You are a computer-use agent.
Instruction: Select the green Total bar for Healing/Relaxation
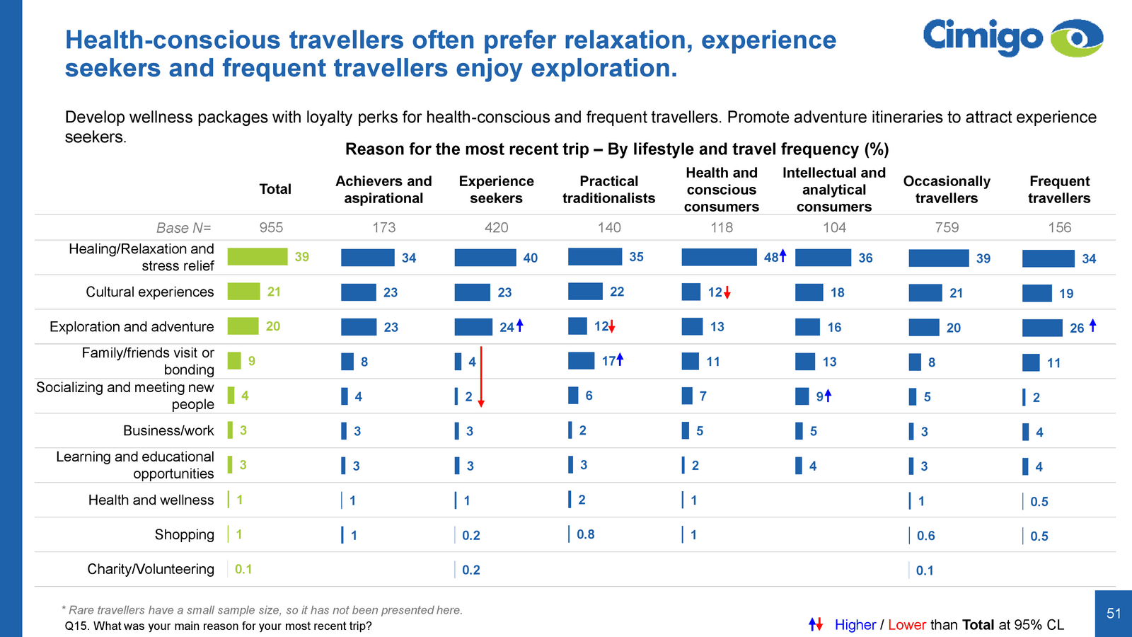pyautogui.click(x=257, y=256)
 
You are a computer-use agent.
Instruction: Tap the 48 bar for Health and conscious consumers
pyautogui.click(x=719, y=257)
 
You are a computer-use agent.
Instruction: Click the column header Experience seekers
pyautogui.click(x=496, y=190)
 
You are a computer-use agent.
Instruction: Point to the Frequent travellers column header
pyautogui.click(x=1059, y=190)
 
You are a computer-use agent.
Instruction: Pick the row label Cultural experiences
pyautogui.click(x=149, y=292)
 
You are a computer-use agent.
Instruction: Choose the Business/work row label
pyautogui.click(x=168, y=430)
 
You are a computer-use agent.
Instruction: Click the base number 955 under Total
pyautogui.click(x=271, y=227)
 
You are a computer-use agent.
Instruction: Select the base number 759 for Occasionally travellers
pyautogui.click(x=947, y=227)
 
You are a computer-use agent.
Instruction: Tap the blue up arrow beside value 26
pyautogui.click(x=1093, y=325)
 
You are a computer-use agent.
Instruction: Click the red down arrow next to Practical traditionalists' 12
pyautogui.click(x=612, y=327)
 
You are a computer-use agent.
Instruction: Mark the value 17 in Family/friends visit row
pyautogui.click(x=608, y=361)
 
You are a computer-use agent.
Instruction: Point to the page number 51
pyautogui.click(x=1114, y=613)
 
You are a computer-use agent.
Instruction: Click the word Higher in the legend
pyautogui.click(x=855, y=625)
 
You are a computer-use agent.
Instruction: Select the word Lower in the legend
pyautogui.click(x=906, y=625)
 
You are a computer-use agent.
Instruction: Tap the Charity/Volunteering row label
pyautogui.click(x=150, y=569)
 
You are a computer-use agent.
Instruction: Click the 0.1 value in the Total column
pyautogui.click(x=243, y=569)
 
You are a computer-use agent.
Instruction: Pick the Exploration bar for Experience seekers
pyautogui.click(x=473, y=326)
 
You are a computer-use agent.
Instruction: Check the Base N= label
pyautogui.click(x=183, y=227)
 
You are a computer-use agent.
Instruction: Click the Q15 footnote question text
pyautogui.click(x=218, y=626)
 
